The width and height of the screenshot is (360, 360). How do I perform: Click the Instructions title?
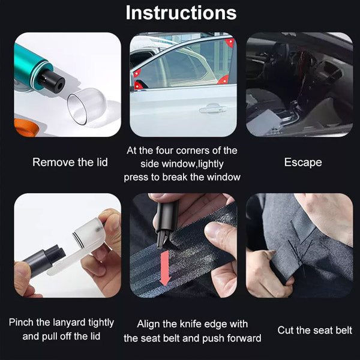[x=181, y=13]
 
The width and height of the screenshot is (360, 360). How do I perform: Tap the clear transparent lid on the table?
[x=87, y=106]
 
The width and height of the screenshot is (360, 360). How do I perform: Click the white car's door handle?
[x=213, y=109]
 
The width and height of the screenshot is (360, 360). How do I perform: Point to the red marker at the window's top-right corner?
[x=230, y=43]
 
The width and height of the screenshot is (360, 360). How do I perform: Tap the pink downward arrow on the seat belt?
[x=164, y=268]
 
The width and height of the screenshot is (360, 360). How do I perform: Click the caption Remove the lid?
[x=70, y=163]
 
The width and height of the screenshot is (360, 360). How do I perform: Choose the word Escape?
[x=303, y=163]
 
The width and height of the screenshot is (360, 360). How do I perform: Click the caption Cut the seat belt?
[x=314, y=330]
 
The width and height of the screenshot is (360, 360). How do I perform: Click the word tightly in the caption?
[x=101, y=323]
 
